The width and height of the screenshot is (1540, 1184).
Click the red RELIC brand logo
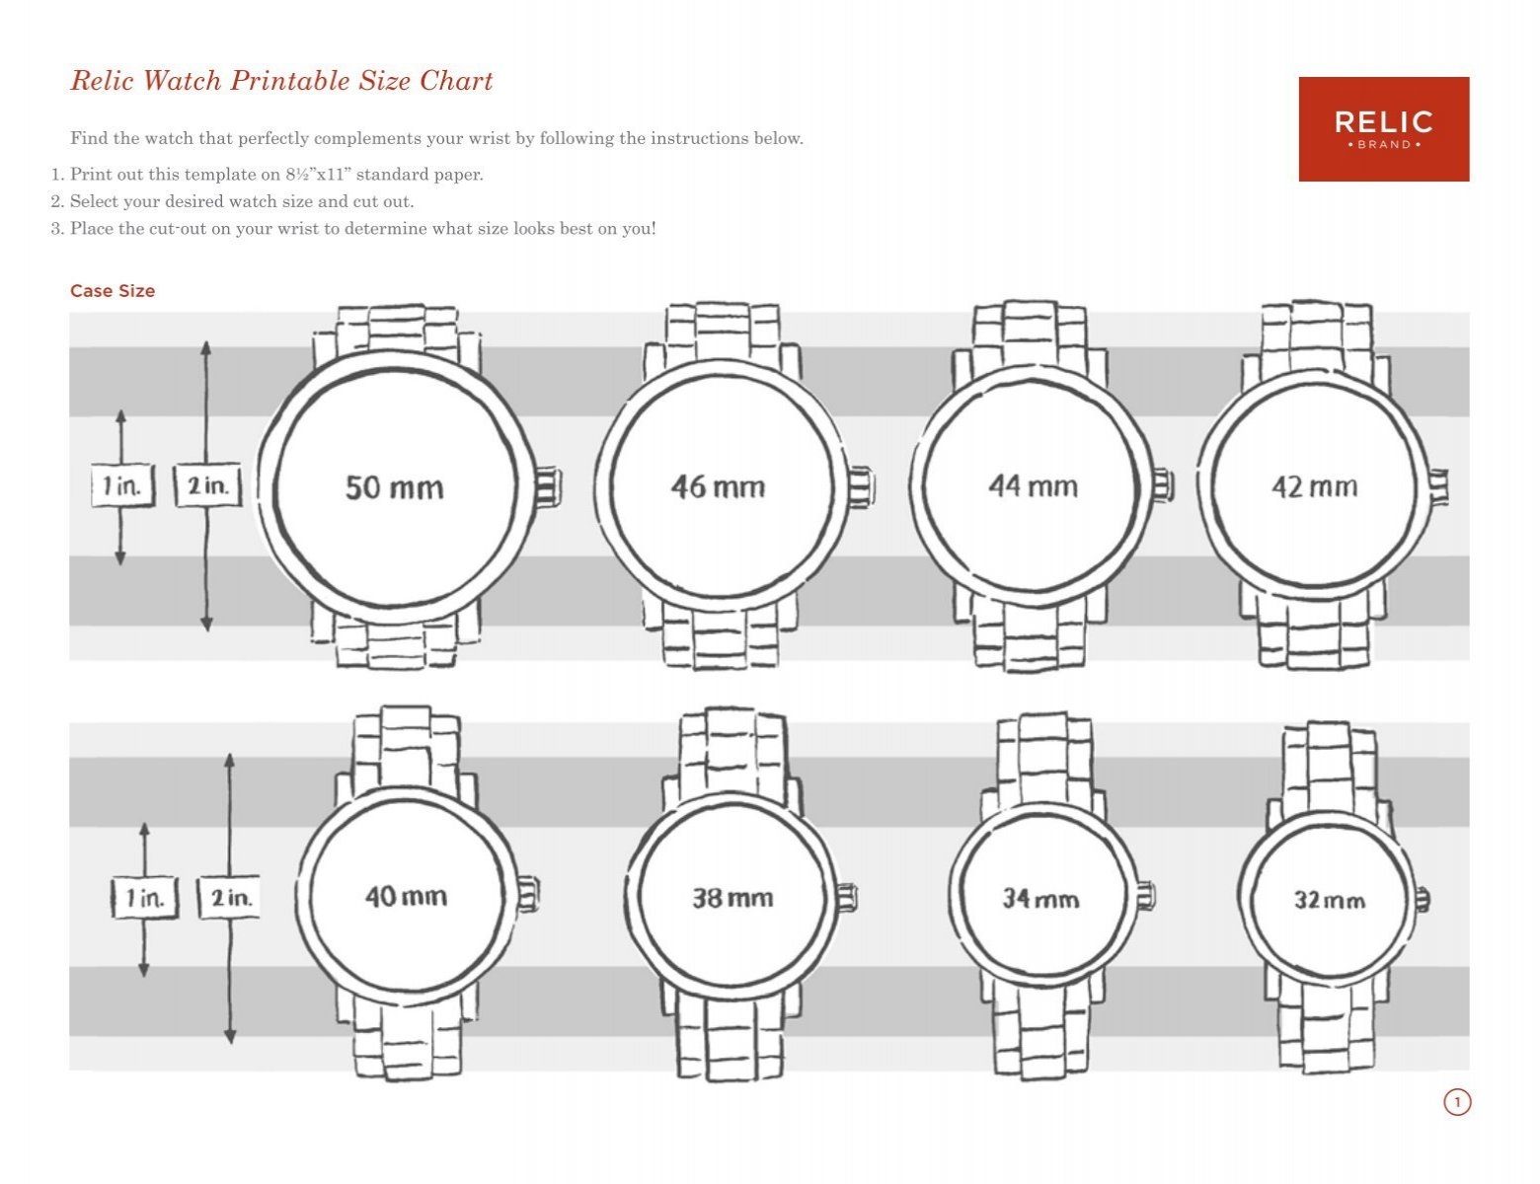pos(1383,129)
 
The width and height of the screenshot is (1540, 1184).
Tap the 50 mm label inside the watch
pos(394,487)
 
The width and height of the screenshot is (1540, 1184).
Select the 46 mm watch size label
pos(718,486)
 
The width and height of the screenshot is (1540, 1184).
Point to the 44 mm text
pos(1033,485)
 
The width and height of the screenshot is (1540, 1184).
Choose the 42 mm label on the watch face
pos(1314,486)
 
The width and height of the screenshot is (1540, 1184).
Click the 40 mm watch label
pos(406,896)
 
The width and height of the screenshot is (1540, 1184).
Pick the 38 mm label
pos(731,898)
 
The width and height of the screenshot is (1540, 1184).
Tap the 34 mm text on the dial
pos(1040,899)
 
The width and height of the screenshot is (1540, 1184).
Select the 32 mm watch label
pos(1330,900)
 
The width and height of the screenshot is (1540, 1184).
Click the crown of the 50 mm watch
pos(549,488)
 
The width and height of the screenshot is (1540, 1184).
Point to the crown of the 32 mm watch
pos(1424,899)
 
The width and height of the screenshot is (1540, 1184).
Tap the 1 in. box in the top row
pos(122,485)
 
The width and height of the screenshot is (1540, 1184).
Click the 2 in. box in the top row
pos(207,486)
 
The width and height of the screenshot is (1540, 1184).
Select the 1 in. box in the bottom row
pos(145,898)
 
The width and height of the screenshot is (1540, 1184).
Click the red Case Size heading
pos(113,291)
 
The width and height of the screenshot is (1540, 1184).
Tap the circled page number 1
pos(1457,1102)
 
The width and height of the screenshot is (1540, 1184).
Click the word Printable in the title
pos(290,81)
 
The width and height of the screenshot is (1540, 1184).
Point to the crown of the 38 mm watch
pos(847,898)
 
